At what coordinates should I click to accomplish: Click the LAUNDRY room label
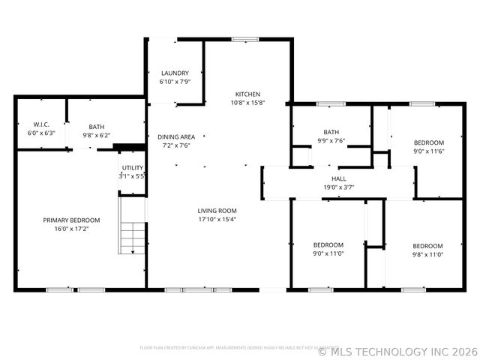[x=175, y=73]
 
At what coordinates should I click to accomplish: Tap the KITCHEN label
[x=247, y=94]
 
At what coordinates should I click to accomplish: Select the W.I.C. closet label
[x=40, y=124]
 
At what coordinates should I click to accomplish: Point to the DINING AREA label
[x=176, y=136]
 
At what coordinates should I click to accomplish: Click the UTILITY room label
[x=132, y=167]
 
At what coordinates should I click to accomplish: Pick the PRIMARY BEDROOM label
[x=71, y=220]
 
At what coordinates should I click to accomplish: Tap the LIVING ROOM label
[x=217, y=211]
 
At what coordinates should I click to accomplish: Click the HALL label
[x=339, y=178]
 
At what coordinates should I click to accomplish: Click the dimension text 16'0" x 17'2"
[x=71, y=229]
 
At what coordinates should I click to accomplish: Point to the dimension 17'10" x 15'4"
[x=217, y=220]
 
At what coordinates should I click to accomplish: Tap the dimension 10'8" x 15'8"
[x=247, y=103]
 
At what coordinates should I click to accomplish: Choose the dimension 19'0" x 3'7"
[x=339, y=187]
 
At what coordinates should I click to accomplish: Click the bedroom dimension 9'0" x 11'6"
[x=429, y=151]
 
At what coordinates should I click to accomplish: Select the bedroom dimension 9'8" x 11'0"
[x=427, y=254]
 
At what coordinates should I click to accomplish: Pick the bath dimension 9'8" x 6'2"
[x=97, y=136]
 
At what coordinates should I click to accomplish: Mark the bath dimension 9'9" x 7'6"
[x=331, y=140]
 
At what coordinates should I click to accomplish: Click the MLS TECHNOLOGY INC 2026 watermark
[x=397, y=350]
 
